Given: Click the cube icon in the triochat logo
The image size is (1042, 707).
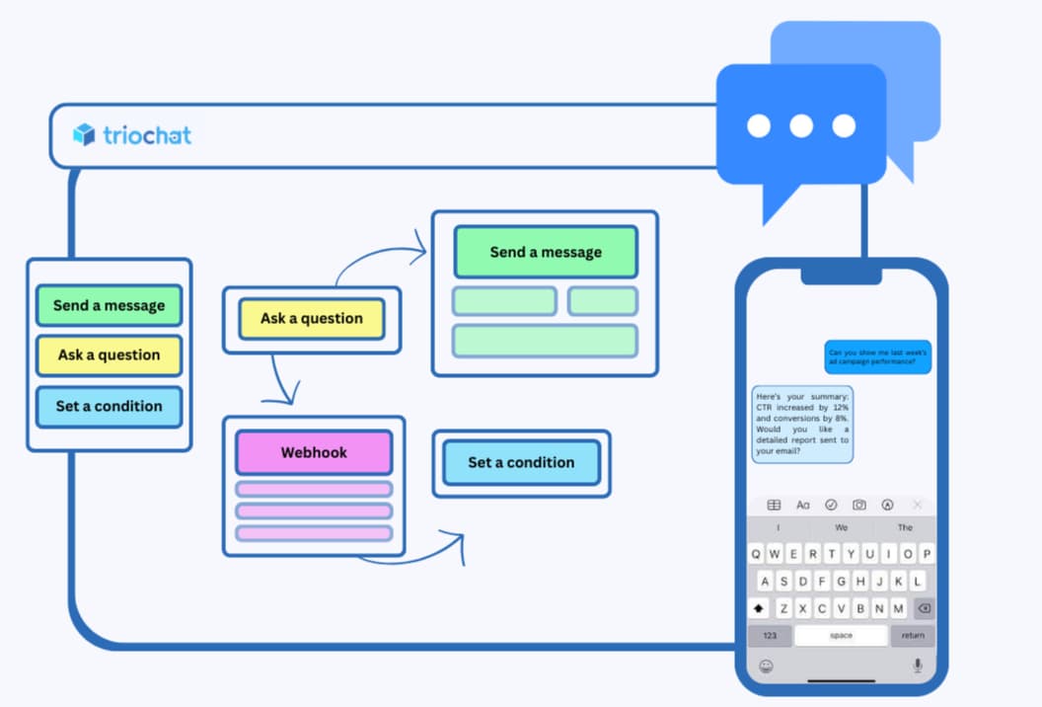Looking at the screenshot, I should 84,134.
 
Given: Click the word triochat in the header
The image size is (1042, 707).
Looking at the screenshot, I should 147,134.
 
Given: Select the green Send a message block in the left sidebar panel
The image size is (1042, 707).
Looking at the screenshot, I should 109,305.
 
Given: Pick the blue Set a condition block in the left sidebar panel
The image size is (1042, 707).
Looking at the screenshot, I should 109,406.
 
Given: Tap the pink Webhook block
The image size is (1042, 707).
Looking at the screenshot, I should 314,452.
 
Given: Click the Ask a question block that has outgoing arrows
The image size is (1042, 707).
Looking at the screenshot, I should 312,319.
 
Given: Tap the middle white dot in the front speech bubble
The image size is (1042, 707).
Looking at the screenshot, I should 801,125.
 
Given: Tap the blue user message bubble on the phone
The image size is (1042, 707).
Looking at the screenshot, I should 878,357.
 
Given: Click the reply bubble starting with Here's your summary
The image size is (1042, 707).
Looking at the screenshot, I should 802,424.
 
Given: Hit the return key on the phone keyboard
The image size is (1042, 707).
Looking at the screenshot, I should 913,635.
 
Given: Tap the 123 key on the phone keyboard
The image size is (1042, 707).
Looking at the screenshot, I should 770,635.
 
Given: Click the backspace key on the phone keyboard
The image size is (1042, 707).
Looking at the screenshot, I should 924,608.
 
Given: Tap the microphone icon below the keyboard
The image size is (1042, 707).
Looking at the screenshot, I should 918,666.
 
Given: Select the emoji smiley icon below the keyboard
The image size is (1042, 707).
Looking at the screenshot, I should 766,666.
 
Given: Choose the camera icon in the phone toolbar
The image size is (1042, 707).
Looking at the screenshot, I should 859,505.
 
